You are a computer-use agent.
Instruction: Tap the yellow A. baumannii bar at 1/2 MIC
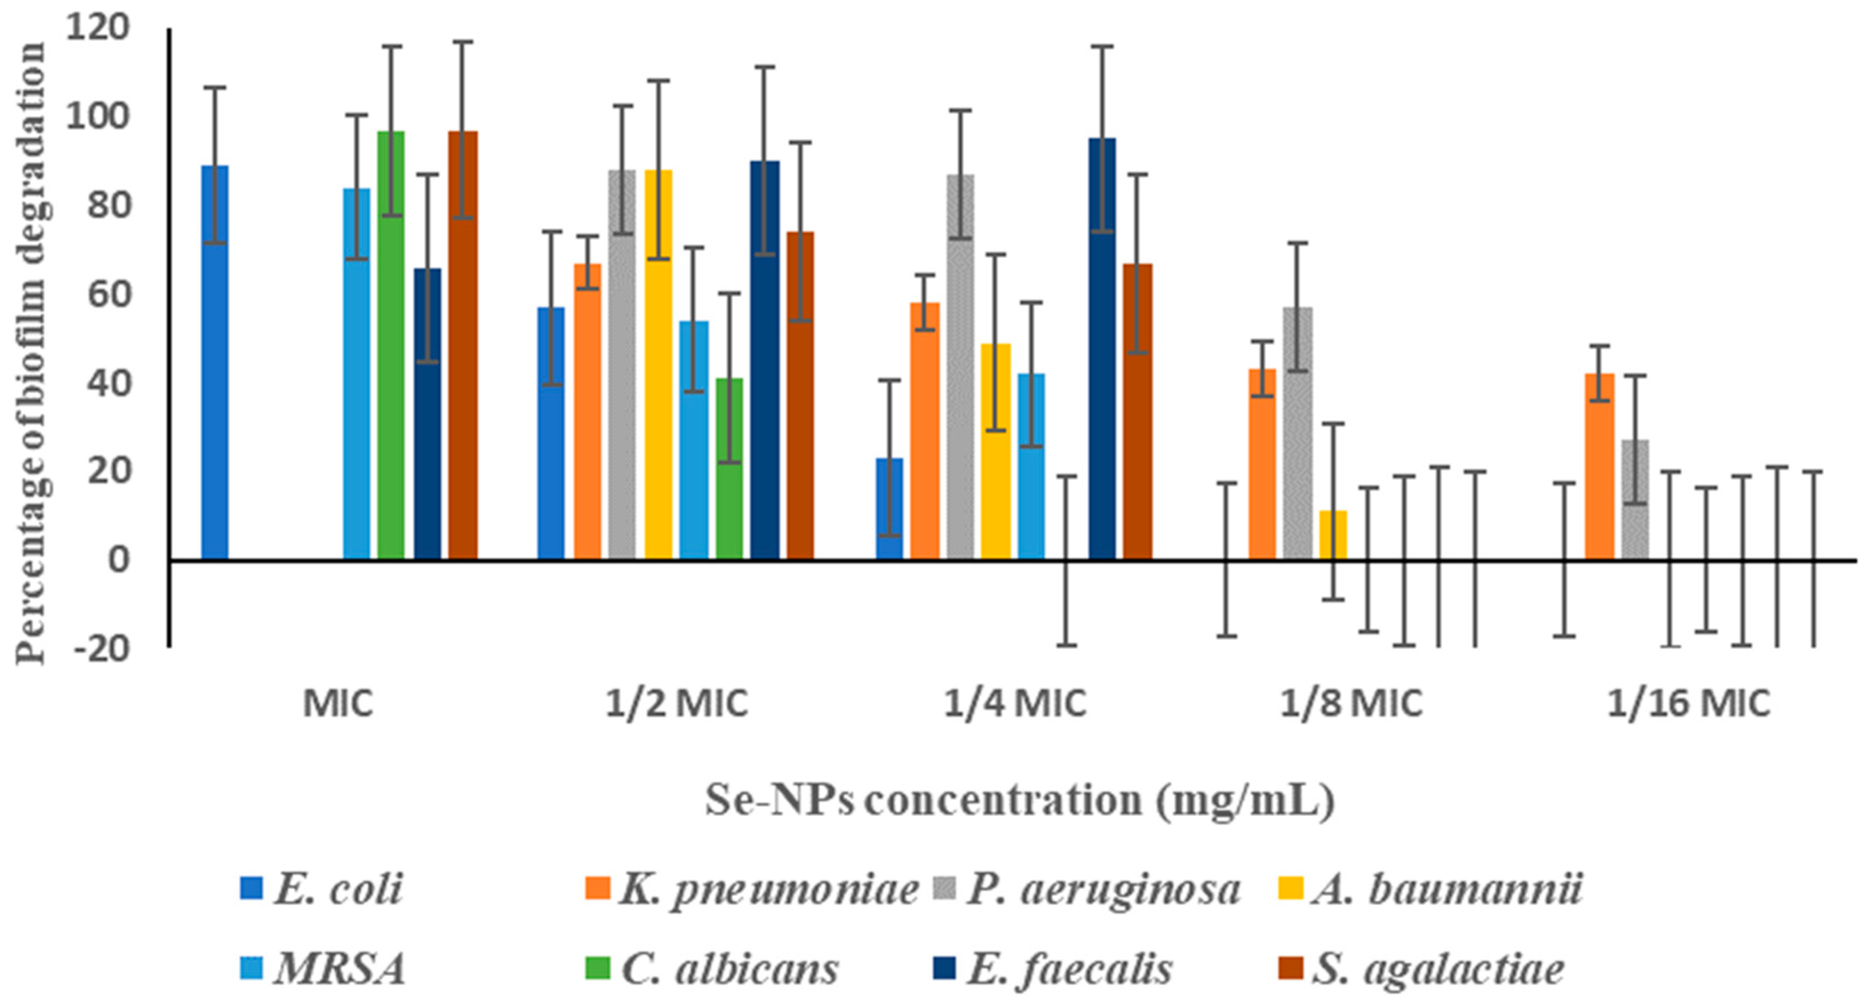pos(659,363)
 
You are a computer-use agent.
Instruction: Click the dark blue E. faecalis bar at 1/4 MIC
pos(1102,349)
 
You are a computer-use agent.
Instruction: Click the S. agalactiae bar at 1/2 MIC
pos(800,396)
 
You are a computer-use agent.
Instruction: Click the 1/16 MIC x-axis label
pos(1689,703)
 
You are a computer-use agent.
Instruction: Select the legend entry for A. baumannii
pos(1445,889)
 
